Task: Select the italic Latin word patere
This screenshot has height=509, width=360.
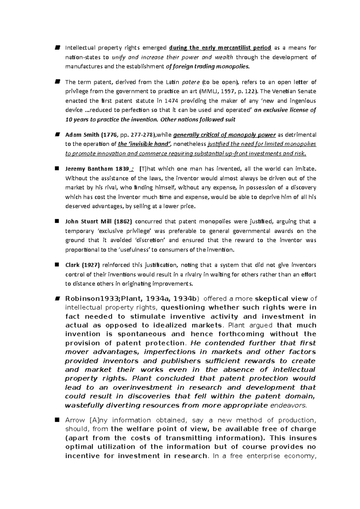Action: (x=190, y=82)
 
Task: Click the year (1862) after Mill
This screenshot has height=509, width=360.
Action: (x=123, y=222)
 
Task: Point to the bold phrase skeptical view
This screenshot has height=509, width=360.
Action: (x=281, y=299)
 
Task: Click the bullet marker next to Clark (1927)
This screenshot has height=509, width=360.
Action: (x=57, y=265)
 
